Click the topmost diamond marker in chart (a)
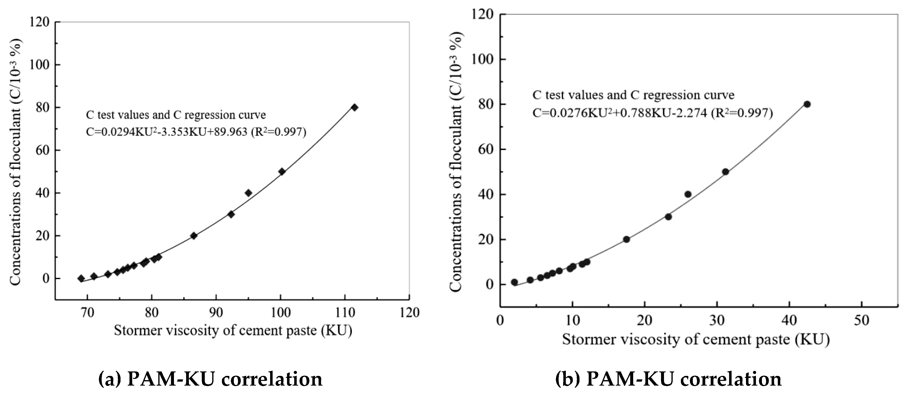coord(354,107)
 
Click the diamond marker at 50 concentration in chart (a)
coord(282,172)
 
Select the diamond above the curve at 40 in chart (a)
coord(248,193)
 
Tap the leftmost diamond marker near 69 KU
coord(81,278)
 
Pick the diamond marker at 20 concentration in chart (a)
coord(194,236)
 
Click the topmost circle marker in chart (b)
coord(807,104)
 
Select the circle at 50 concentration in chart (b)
coord(726,172)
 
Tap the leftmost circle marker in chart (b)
coord(514,282)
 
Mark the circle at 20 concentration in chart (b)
coord(626,239)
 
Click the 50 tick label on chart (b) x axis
coord(861,320)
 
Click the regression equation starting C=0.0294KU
coord(196,132)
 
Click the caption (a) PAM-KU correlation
coord(210,379)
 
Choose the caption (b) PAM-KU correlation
coord(668,379)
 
